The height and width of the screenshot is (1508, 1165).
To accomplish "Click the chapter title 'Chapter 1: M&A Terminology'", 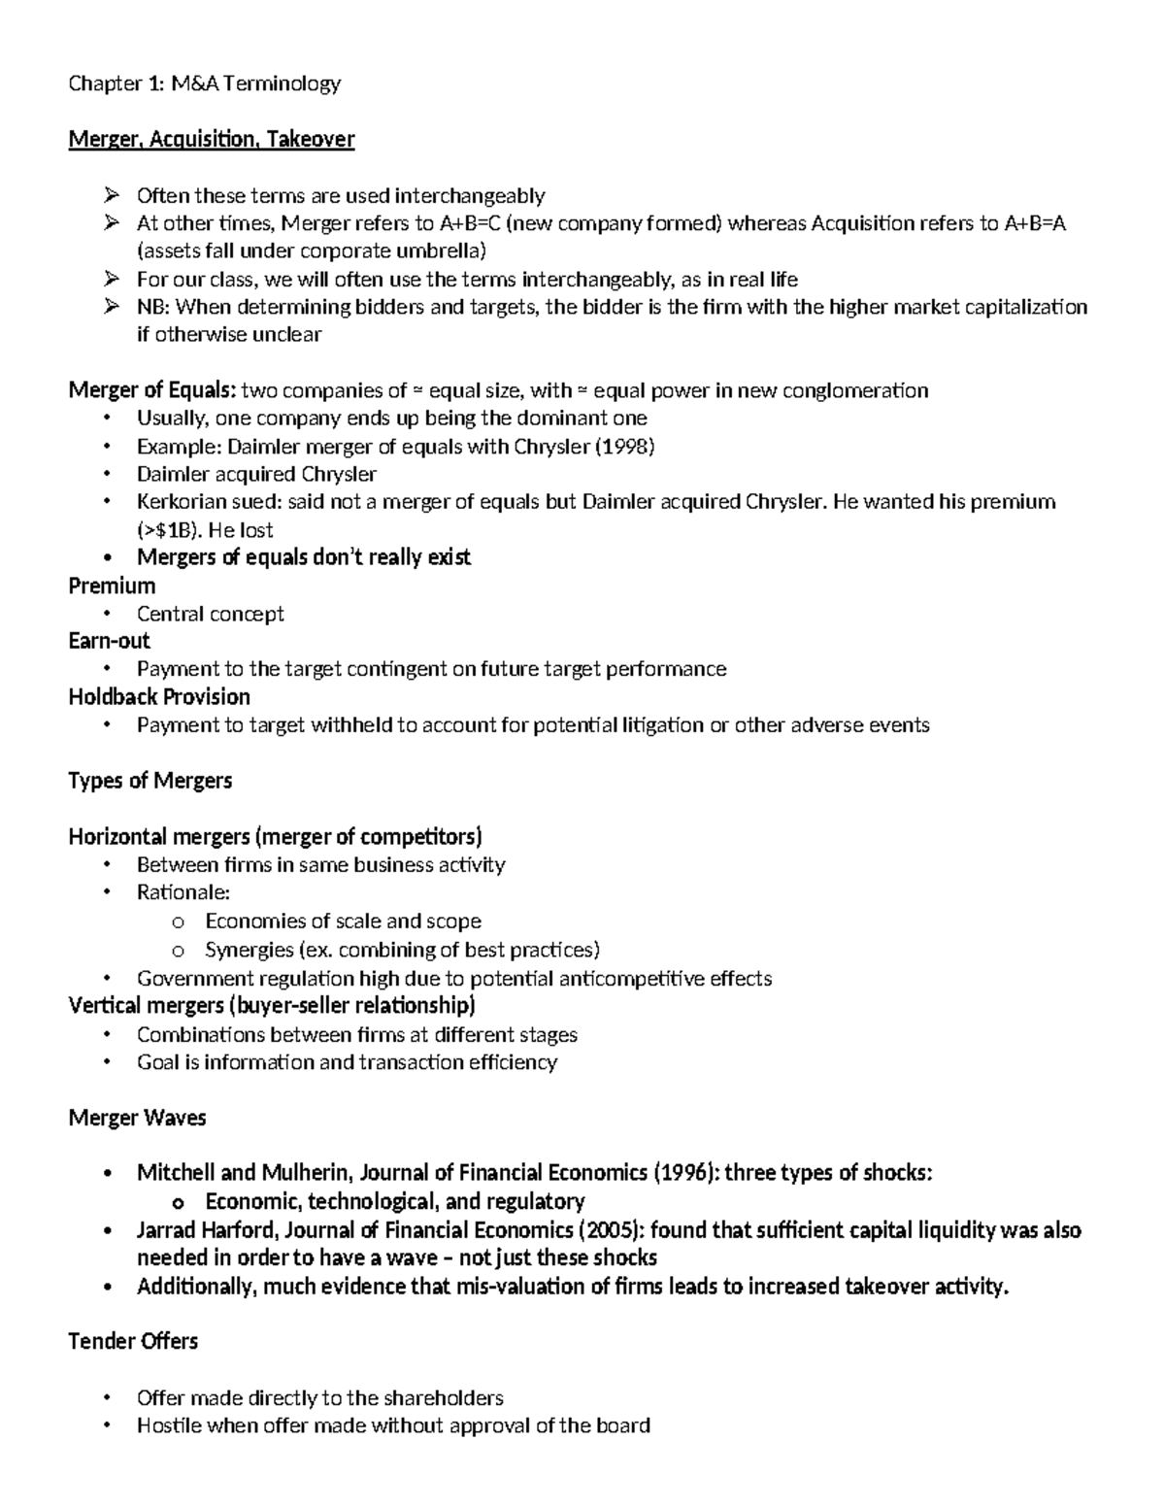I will pyautogui.click(x=204, y=84).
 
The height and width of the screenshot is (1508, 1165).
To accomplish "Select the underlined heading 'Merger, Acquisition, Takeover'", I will pyautogui.click(x=211, y=140).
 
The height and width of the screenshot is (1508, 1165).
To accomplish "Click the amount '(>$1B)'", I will pyautogui.click(x=171, y=530).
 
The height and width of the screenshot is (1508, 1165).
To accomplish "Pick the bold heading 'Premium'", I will pyautogui.click(x=112, y=586).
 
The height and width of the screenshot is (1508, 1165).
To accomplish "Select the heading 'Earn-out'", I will pyautogui.click(x=109, y=641).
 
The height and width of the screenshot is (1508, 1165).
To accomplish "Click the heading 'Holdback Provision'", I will pyautogui.click(x=159, y=697).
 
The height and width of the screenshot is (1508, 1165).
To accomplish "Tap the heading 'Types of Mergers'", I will pyautogui.click(x=150, y=781).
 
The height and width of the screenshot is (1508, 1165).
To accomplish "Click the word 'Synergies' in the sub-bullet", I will pyautogui.click(x=249, y=949).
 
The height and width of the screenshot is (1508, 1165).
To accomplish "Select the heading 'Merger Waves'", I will pyautogui.click(x=137, y=1118).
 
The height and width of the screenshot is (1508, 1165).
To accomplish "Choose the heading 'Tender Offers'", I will pyautogui.click(x=133, y=1341).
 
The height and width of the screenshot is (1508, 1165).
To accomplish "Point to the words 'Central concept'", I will pyautogui.click(x=211, y=614).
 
